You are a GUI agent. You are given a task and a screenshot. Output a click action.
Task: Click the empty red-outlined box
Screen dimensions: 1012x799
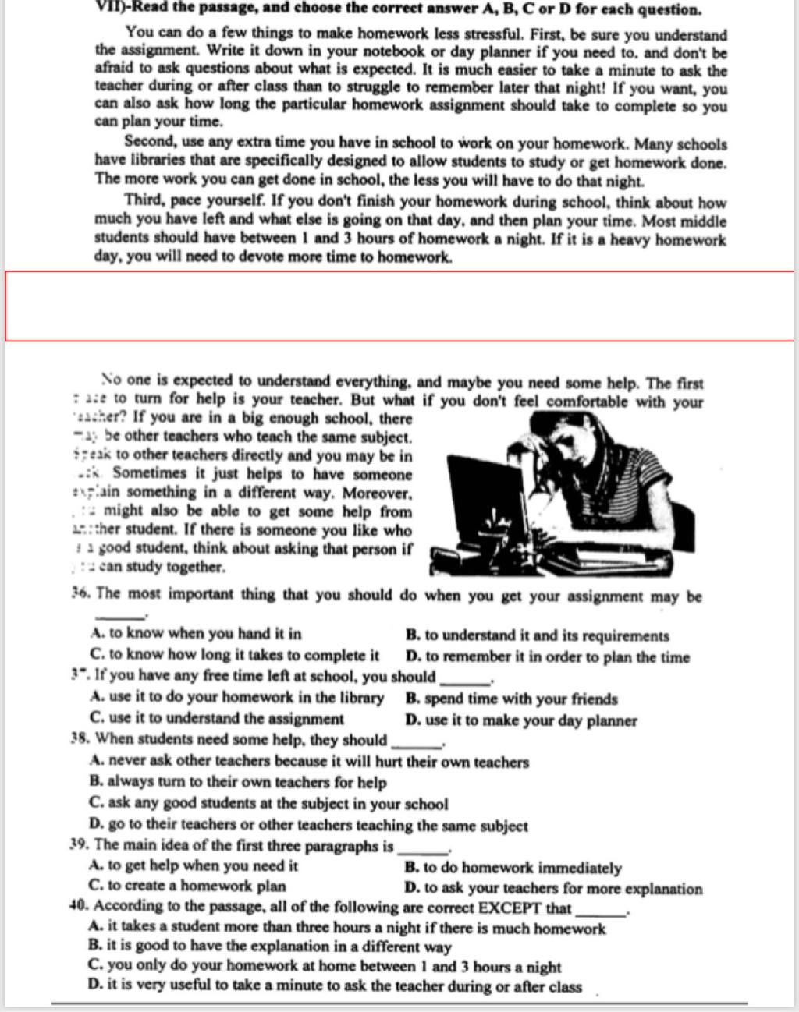[x=399, y=306]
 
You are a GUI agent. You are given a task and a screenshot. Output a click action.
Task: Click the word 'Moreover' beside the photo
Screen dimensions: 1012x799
[x=376, y=494]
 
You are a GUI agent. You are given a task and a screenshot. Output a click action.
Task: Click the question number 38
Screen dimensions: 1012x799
[x=78, y=739]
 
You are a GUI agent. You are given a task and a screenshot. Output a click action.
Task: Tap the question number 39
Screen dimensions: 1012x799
[x=78, y=845]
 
